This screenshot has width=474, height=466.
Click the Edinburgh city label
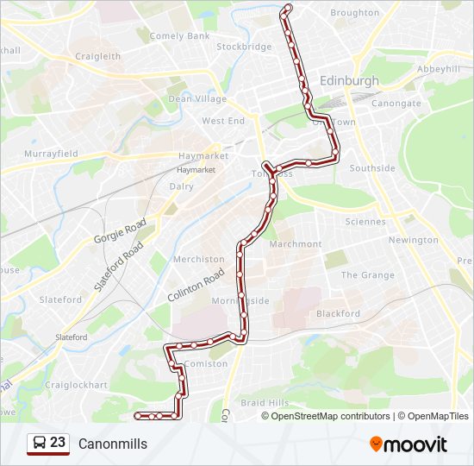click(349, 80)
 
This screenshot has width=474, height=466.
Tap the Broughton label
click(354, 13)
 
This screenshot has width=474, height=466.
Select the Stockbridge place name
click(244, 47)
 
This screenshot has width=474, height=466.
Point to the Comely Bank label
click(179, 36)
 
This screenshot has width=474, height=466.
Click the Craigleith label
click(97, 56)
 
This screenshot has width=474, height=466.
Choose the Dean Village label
click(197, 99)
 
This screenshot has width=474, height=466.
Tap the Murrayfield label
click(51, 154)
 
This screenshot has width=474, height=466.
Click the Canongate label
click(396, 104)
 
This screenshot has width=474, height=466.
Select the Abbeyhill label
click(439, 69)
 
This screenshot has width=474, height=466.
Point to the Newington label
click(413, 240)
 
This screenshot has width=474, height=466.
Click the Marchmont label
click(295, 244)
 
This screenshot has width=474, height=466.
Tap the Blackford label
click(338, 314)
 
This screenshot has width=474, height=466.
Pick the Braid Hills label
click(265, 403)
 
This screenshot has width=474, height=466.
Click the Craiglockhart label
click(76, 385)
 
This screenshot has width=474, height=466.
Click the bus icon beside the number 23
click(40, 444)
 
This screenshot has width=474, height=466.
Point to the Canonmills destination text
click(113, 444)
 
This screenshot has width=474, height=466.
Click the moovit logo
click(409, 444)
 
